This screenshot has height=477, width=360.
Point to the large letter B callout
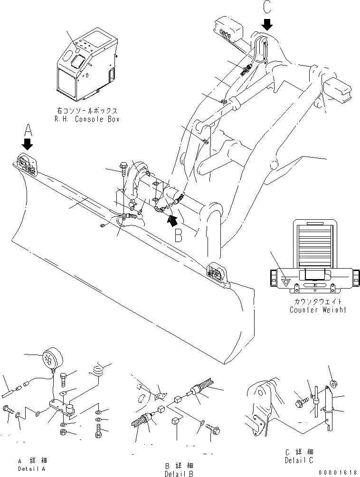point(178,235)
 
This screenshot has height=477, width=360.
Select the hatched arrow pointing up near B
point(171,219)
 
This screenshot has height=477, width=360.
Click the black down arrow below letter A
point(28,143)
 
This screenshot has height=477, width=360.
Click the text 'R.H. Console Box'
point(86,119)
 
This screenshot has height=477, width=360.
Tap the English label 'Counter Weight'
point(318,309)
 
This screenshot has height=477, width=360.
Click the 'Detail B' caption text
point(179,474)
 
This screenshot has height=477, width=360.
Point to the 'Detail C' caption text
point(298,460)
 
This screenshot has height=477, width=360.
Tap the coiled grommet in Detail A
point(98,370)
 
